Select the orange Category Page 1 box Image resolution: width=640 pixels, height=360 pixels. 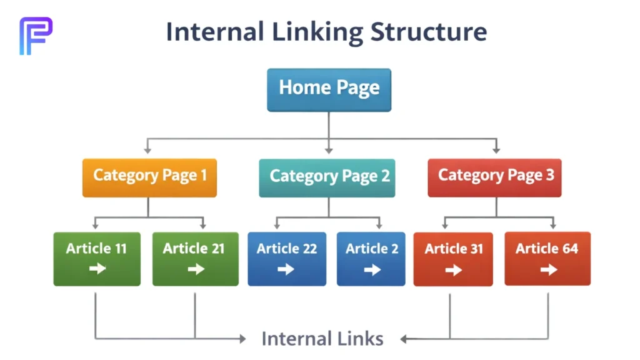click(x=149, y=177)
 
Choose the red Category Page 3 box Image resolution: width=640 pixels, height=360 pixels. click(x=494, y=177)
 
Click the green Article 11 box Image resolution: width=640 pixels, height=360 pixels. click(x=97, y=259)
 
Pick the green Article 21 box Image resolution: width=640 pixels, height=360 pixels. click(x=195, y=259)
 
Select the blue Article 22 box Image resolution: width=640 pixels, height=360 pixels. click(x=287, y=259)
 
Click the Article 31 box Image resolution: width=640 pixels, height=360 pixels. click(x=453, y=259)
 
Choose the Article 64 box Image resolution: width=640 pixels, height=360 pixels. click(x=547, y=259)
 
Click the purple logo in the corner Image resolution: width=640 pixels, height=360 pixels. click(x=36, y=35)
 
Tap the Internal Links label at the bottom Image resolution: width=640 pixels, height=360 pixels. click(x=322, y=339)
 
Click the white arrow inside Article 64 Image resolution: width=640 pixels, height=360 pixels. click(x=549, y=269)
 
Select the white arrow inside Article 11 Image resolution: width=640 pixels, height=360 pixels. click(x=97, y=269)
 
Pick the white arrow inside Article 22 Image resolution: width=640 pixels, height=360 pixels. click(x=286, y=269)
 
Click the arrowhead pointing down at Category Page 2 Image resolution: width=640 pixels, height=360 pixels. click(x=329, y=150)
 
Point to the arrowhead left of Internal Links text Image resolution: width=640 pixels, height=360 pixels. click(x=242, y=339)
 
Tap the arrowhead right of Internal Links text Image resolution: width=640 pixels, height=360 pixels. click(x=404, y=339)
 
